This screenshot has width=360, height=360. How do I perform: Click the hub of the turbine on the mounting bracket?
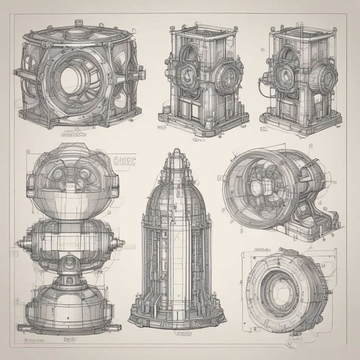coord(258,186)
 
